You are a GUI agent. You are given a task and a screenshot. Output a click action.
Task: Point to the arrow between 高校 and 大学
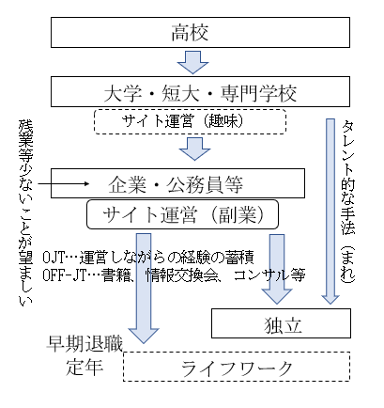192,62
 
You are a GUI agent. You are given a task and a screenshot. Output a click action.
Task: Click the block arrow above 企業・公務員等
194,149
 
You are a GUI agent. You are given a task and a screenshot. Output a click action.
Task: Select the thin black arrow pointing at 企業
64,183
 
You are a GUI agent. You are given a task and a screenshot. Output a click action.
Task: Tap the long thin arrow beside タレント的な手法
330,212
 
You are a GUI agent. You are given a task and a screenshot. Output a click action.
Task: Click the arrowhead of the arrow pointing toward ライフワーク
144,336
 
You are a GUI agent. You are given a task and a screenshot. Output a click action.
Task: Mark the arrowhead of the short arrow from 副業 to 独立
277,296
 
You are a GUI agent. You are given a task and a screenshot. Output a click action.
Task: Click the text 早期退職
84,344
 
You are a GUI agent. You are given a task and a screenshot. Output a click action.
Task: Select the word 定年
84,367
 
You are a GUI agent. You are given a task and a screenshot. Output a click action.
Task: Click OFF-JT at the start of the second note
64,275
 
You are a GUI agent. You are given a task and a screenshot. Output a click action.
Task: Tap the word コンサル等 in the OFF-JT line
269,275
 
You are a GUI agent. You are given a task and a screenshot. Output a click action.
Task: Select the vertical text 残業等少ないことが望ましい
25,212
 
